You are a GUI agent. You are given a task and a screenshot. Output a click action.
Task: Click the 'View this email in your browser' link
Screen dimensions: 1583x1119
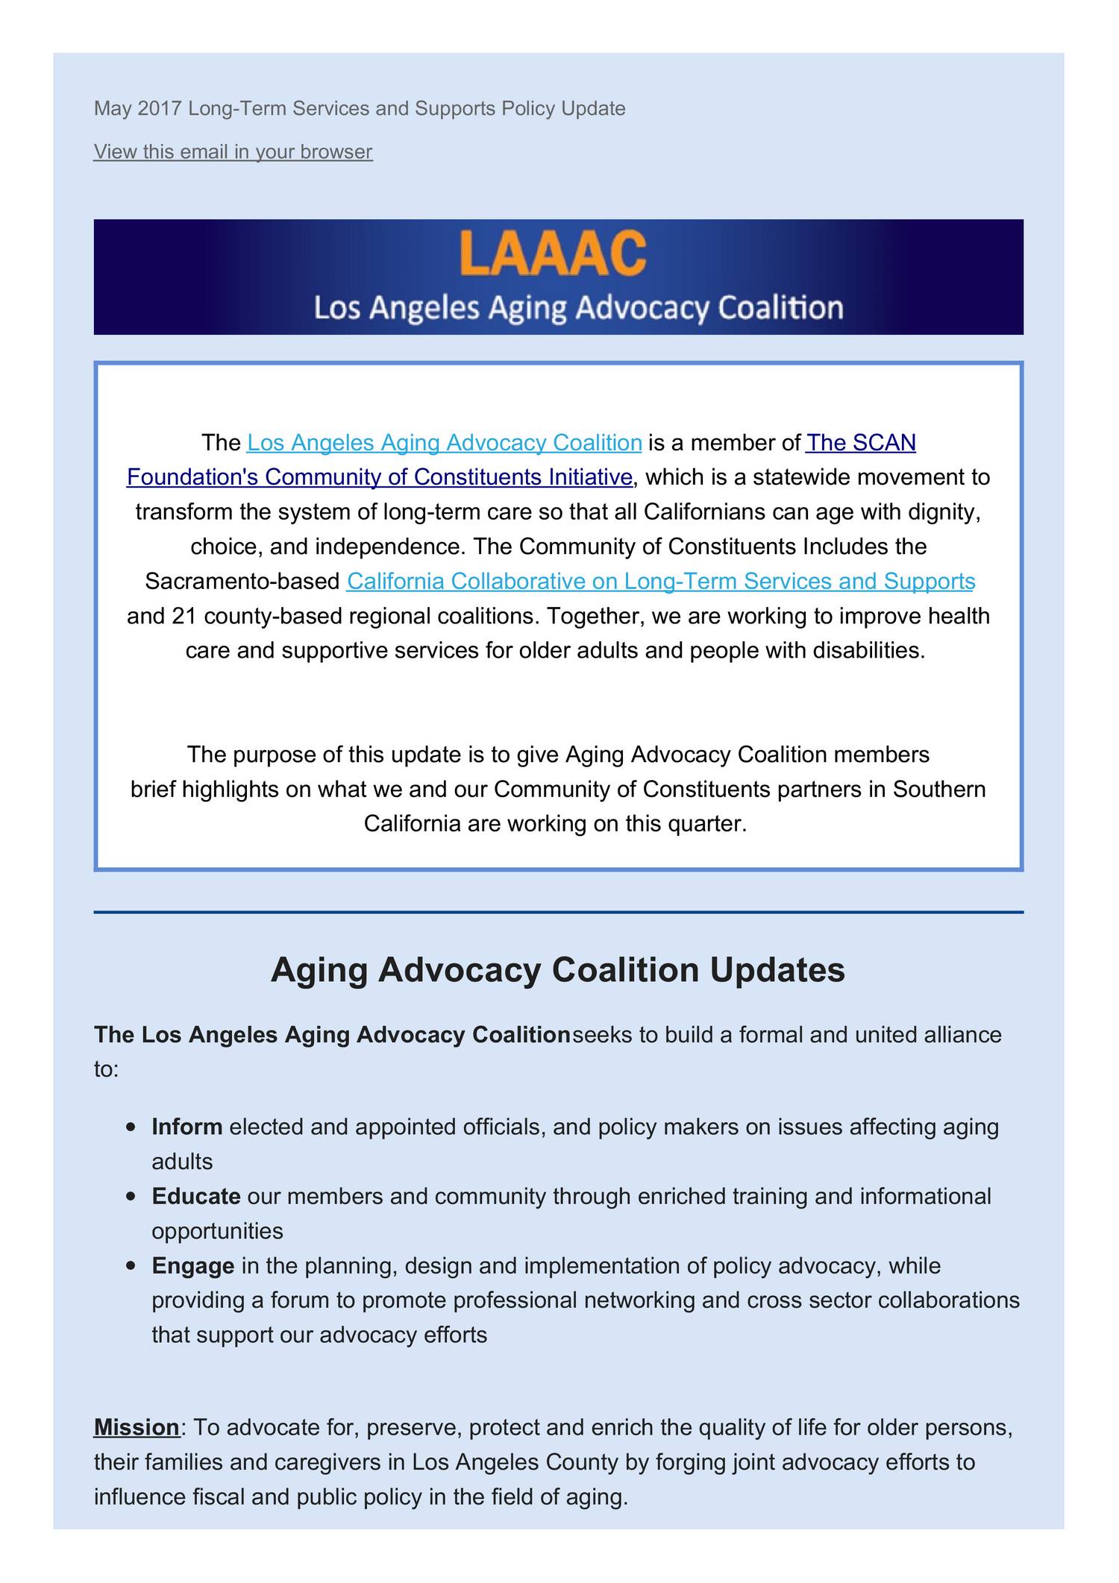[x=233, y=151]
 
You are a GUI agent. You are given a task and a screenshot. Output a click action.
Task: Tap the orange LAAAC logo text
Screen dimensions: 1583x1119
[x=552, y=254]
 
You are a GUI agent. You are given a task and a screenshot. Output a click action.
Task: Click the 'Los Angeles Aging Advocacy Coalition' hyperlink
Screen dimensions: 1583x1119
[x=444, y=443]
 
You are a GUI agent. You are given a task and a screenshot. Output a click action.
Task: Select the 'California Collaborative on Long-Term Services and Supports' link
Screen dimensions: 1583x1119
[x=661, y=581]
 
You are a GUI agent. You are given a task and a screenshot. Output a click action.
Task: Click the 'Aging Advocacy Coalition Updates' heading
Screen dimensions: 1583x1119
[x=558, y=969]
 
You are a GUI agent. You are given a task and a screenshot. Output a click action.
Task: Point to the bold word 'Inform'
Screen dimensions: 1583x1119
[x=187, y=1126]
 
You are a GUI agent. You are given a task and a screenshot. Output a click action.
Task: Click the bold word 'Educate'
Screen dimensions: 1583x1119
[x=196, y=1195]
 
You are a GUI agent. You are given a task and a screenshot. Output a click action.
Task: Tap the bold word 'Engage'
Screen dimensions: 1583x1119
[x=193, y=1265]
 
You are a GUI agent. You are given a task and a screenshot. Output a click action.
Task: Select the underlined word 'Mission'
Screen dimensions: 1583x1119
[x=137, y=1427]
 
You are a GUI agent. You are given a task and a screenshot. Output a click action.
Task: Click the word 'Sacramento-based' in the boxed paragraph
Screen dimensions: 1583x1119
[x=242, y=581]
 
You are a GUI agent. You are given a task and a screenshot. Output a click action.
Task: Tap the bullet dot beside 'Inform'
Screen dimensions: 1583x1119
[x=131, y=1127]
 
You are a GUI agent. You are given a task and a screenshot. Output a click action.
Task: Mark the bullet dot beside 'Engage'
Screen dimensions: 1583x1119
[x=131, y=1266]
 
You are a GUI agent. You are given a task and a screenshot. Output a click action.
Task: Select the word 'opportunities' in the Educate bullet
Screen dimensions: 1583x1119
[x=217, y=1230]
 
